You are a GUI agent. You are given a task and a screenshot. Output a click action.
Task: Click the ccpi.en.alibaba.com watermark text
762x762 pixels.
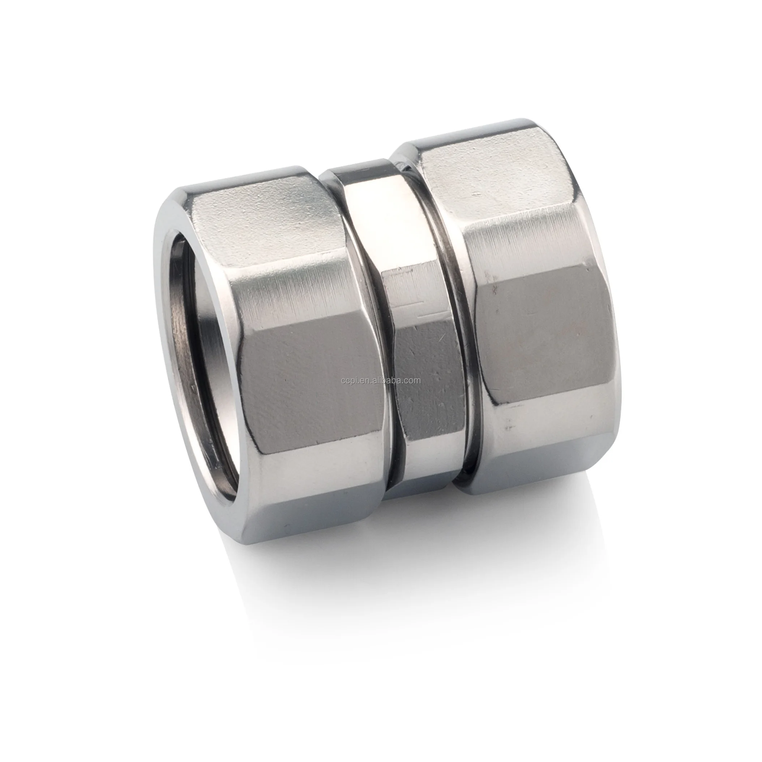pos(381,381)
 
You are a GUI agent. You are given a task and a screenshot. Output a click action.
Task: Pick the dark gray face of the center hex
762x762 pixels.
pos(426,375)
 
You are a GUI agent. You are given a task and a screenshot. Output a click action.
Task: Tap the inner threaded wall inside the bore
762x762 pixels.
pos(185,335)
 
